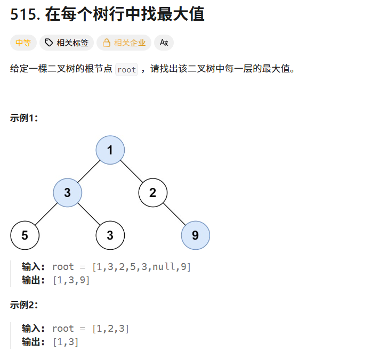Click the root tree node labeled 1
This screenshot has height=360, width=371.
tap(110, 150)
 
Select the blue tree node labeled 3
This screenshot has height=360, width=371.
tap(67, 193)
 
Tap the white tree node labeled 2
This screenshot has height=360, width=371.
tap(152, 193)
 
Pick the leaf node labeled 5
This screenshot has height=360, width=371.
tap(25, 235)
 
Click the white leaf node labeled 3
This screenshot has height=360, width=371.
tap(110, 235)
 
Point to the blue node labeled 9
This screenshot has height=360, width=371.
tap(195, 235)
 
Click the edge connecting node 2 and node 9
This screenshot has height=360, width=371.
tap(174, 214)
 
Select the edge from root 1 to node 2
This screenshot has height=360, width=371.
tap(131, 171)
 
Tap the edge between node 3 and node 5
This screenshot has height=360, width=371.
tap(46, 214)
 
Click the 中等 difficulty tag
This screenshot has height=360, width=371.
tap(23, 43)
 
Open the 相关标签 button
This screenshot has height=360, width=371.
tap(67, 43)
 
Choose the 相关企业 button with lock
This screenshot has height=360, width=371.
tap(124, 43)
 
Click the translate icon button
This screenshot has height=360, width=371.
tap(164, 43)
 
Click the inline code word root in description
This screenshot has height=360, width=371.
tap(126, 70)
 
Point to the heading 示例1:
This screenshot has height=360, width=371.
tap(24, 118)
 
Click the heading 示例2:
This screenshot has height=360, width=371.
tap(24, 305)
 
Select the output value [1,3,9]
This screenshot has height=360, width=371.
tap(71, 281)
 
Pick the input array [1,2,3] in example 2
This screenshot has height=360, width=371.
tap(110, 329)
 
